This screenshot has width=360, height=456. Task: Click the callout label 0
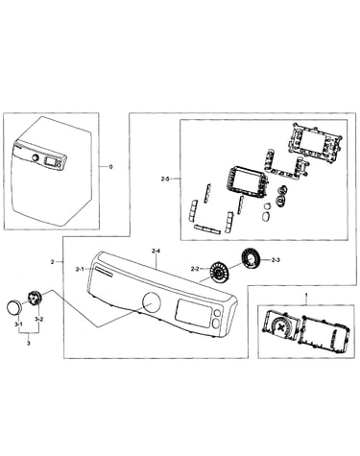111,167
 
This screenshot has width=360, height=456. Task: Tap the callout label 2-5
165,180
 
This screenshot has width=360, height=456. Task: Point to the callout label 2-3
276,260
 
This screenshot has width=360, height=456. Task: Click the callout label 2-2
195,269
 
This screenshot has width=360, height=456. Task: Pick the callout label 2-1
80,270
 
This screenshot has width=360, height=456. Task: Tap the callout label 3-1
18,324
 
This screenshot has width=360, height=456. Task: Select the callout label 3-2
39,319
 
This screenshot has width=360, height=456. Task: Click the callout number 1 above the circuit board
306,294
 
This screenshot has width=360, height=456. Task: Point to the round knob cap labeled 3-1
13,307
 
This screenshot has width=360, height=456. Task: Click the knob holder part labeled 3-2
34,298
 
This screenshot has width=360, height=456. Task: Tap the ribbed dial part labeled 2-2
218,273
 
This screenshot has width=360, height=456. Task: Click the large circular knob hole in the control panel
152,302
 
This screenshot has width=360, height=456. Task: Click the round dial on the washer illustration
35,158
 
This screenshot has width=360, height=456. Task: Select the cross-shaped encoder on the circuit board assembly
281,326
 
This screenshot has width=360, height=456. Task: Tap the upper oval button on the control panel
217,313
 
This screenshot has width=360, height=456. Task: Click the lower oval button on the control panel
216,324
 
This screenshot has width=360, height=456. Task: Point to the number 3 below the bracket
29,344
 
